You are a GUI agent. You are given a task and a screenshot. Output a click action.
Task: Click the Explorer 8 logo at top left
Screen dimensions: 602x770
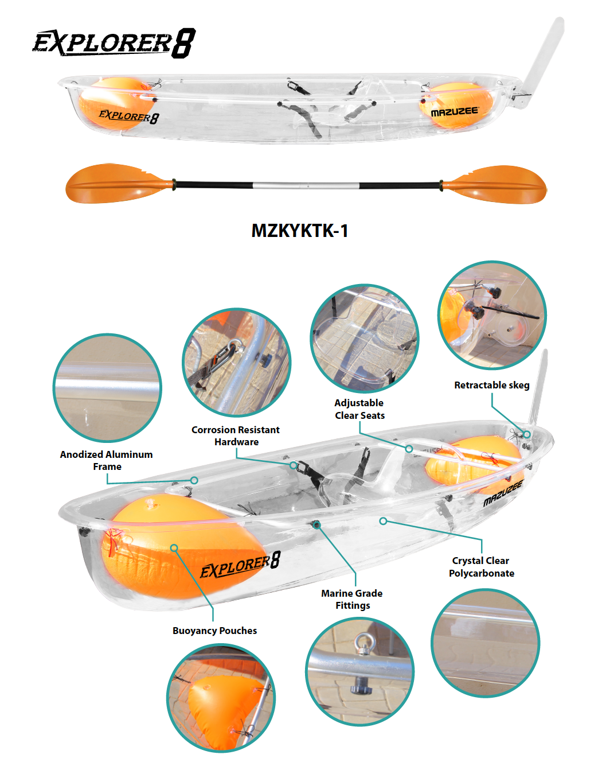114,43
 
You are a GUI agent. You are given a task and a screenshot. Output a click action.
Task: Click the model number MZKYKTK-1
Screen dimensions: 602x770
299,231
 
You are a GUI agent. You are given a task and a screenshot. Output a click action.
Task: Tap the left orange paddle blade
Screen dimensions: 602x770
119,183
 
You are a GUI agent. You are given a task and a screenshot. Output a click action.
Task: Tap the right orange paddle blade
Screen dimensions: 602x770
494,184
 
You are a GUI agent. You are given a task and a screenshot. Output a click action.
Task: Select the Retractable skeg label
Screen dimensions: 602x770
491,385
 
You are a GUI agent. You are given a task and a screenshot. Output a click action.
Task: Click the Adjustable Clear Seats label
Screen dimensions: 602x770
359,409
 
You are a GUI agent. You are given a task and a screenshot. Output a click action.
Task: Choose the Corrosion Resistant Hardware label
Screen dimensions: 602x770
236,435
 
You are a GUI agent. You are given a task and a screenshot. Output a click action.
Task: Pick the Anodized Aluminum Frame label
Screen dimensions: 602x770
107,460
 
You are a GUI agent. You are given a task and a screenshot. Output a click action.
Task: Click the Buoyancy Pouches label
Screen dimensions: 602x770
214,631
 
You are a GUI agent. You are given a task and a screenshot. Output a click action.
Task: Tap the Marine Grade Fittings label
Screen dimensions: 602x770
352,599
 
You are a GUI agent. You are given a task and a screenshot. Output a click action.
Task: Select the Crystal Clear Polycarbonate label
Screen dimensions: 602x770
482,567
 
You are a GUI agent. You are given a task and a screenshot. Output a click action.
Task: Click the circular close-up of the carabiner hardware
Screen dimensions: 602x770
236,363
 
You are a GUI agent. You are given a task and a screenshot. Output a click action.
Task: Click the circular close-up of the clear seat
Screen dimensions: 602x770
365,339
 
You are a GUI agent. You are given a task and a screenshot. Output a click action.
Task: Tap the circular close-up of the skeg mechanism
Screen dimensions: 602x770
492,315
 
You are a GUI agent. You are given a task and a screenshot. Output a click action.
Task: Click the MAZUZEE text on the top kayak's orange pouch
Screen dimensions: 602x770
455,112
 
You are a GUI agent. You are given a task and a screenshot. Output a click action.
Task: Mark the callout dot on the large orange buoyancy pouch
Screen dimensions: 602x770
174,547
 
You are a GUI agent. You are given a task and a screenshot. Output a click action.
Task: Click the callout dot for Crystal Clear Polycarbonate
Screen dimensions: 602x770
383,521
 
